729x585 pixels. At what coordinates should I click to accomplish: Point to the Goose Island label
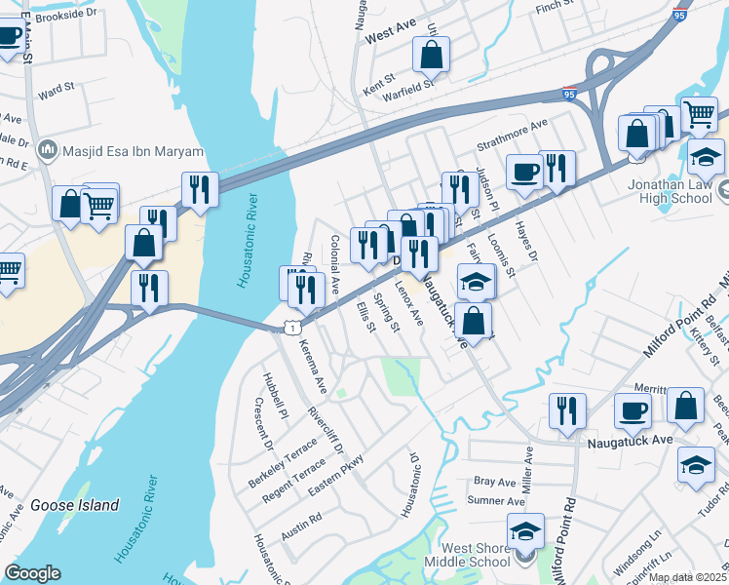[74, 505]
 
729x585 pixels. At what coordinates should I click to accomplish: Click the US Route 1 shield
[291, 329]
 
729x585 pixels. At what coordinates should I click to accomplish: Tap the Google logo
[32, 573]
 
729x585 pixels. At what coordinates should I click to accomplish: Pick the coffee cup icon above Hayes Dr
[524, 172]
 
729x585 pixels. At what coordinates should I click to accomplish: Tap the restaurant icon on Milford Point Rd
[567, 410]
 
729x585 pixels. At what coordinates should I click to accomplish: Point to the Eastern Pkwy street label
[336, 475]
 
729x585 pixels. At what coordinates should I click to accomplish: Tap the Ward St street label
[57, 92]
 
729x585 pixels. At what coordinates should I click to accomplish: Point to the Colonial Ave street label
[334, 264]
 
